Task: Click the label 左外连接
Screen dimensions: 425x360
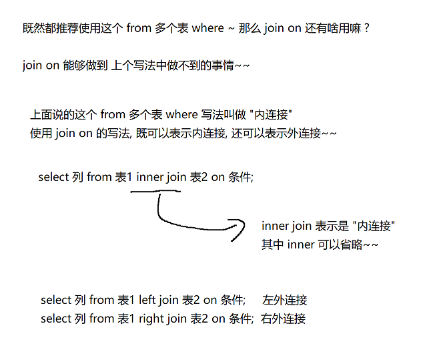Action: pyautogui.click(x=285, y=301)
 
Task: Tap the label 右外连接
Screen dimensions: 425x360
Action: pyautogui.click(x=283, y=319)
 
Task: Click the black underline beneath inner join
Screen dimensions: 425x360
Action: pyautogui.click(x=155, y=192)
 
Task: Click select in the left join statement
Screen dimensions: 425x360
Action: pyautogui.click(x=56, y=301)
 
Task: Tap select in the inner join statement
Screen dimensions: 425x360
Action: pyautogui.click(x=54, y=178)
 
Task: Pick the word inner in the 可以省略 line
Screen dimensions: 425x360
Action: pyautogui.click(x=300, y=244)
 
